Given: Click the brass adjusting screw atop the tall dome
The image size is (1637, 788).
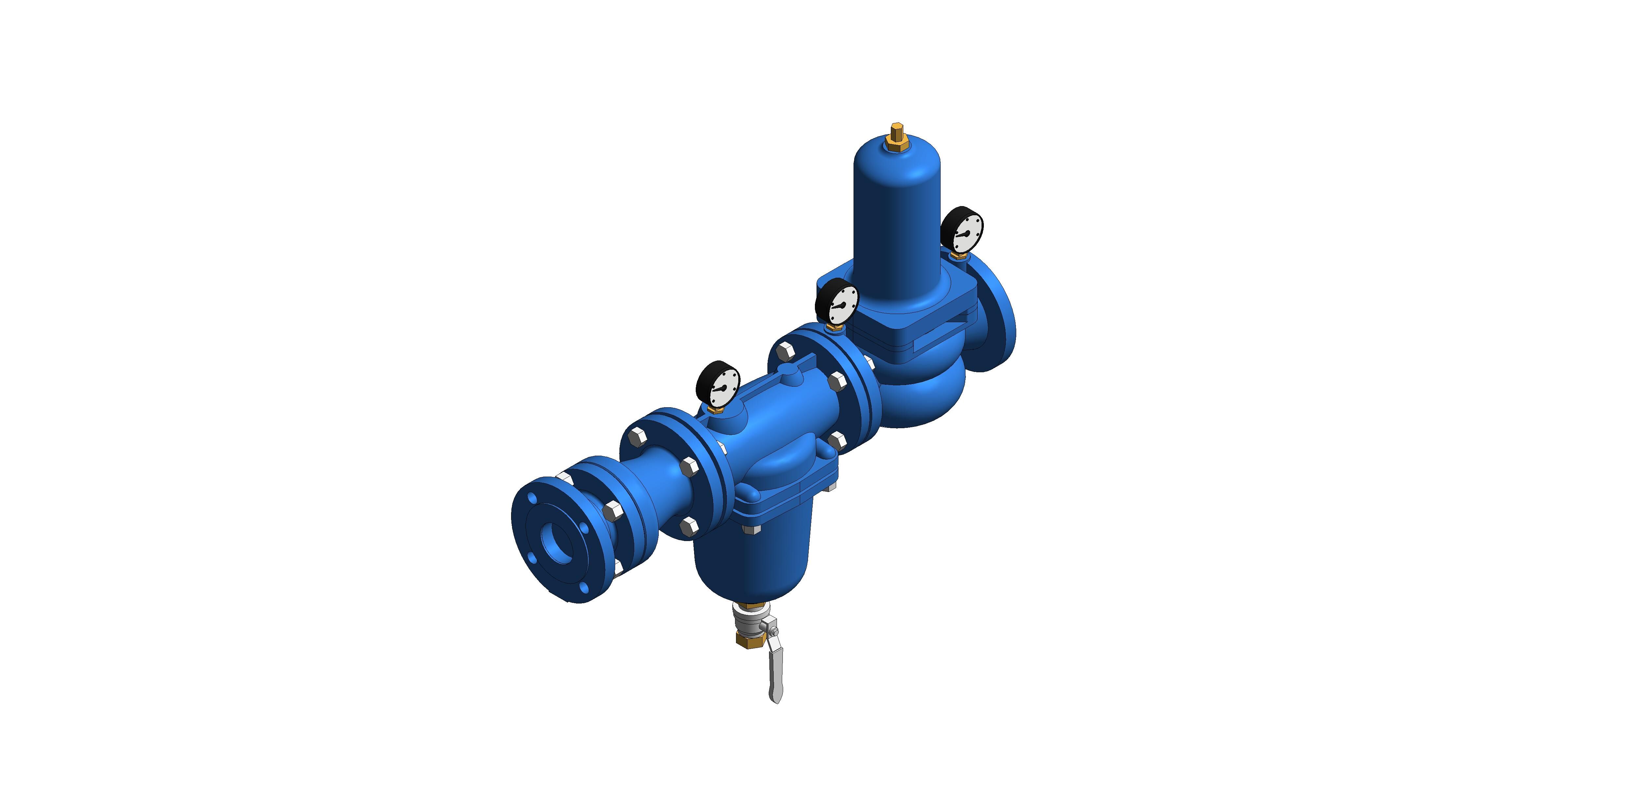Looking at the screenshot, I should [x=897, y=135].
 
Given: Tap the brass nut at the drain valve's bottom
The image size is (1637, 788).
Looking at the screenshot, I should [x=745, y=638].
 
